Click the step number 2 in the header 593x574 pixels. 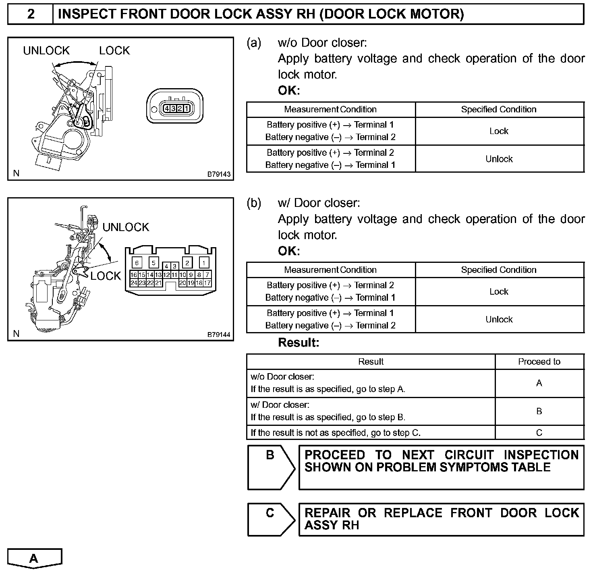[31, 14]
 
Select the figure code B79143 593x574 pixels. [219, 174]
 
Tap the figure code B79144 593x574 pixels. [219, 334]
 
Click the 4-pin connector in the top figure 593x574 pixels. [175, 108]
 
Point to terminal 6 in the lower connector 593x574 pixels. [137, 263]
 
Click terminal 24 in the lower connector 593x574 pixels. [134, 283]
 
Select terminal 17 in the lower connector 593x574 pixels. [207, 283]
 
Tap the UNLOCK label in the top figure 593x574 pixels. [46, 51]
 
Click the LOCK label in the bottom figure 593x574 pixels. [106, 276]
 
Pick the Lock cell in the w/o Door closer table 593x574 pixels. [499, 131]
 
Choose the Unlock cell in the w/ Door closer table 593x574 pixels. [499, 320]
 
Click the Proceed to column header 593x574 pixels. [539, 361]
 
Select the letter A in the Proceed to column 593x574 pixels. [539, 383]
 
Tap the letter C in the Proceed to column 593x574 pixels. [539, 433]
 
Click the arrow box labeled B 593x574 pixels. [271, 467]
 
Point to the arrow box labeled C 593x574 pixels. [271, 519]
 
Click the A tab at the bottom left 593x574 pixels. [34, 558]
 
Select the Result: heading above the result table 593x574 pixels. [299, 343]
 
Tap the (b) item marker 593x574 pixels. [254, 203]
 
